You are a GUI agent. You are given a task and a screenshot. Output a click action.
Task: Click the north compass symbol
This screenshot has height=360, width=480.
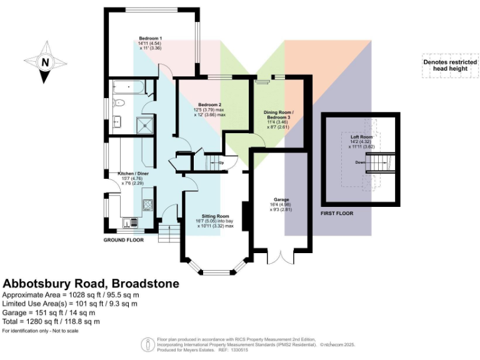(x=45, y=62)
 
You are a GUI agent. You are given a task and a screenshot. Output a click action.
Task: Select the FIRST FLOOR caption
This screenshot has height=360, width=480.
(x=337, y=213)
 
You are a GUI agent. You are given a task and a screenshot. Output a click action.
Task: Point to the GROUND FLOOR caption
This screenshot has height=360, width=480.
(x=123, y=239)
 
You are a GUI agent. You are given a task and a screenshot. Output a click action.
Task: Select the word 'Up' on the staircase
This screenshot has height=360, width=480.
(x=220, y=164)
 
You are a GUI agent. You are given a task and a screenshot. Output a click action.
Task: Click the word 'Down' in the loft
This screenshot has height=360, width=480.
(x=361, y=162)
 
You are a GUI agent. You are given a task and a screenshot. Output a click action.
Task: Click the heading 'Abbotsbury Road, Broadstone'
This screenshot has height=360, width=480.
(x=91, y=283)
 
